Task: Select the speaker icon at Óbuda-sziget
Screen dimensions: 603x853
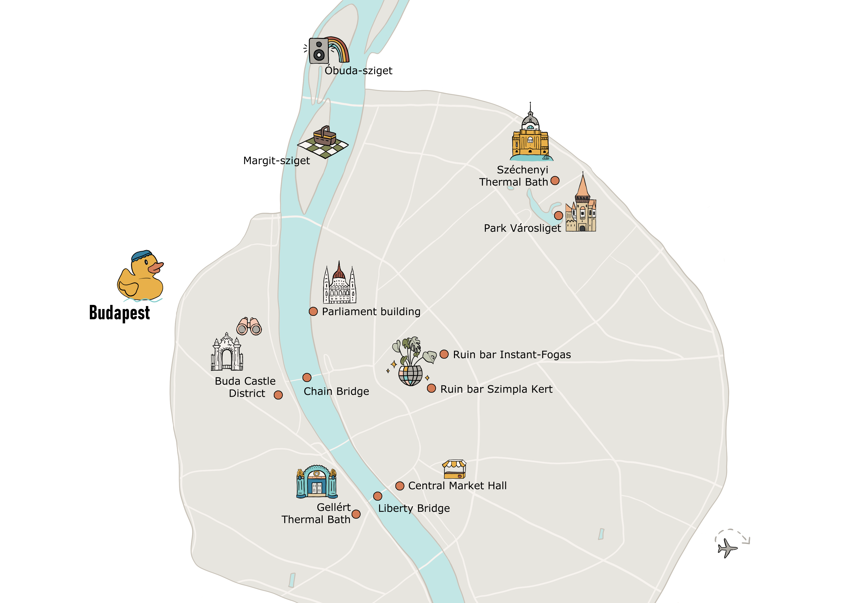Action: click(x=319, y=51)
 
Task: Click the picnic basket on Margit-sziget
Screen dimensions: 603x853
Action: click(x=325, y=136)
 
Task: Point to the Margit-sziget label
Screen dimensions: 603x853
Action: click(x=276, y=160)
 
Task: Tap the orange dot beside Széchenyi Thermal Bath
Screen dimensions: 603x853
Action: click(x=555, y=181)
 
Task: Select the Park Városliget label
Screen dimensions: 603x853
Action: click(x=522, y=228)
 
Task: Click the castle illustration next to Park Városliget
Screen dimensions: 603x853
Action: click(x=581, y=208)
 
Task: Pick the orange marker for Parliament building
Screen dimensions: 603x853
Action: click(x=313, y=311)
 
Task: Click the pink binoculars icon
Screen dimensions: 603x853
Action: click(x=249, y=327)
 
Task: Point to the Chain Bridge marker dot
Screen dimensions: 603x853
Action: click(x=307, y=377)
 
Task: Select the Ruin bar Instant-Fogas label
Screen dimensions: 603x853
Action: click(x=512, y=355)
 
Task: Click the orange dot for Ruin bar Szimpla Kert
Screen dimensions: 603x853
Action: click(x=431, y=388)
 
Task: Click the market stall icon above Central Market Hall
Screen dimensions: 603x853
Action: click(x=454, y=469)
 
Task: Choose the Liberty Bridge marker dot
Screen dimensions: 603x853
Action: click(x=377, y=496)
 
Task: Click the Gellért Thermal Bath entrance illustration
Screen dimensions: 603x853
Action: click(x=317, y=482)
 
